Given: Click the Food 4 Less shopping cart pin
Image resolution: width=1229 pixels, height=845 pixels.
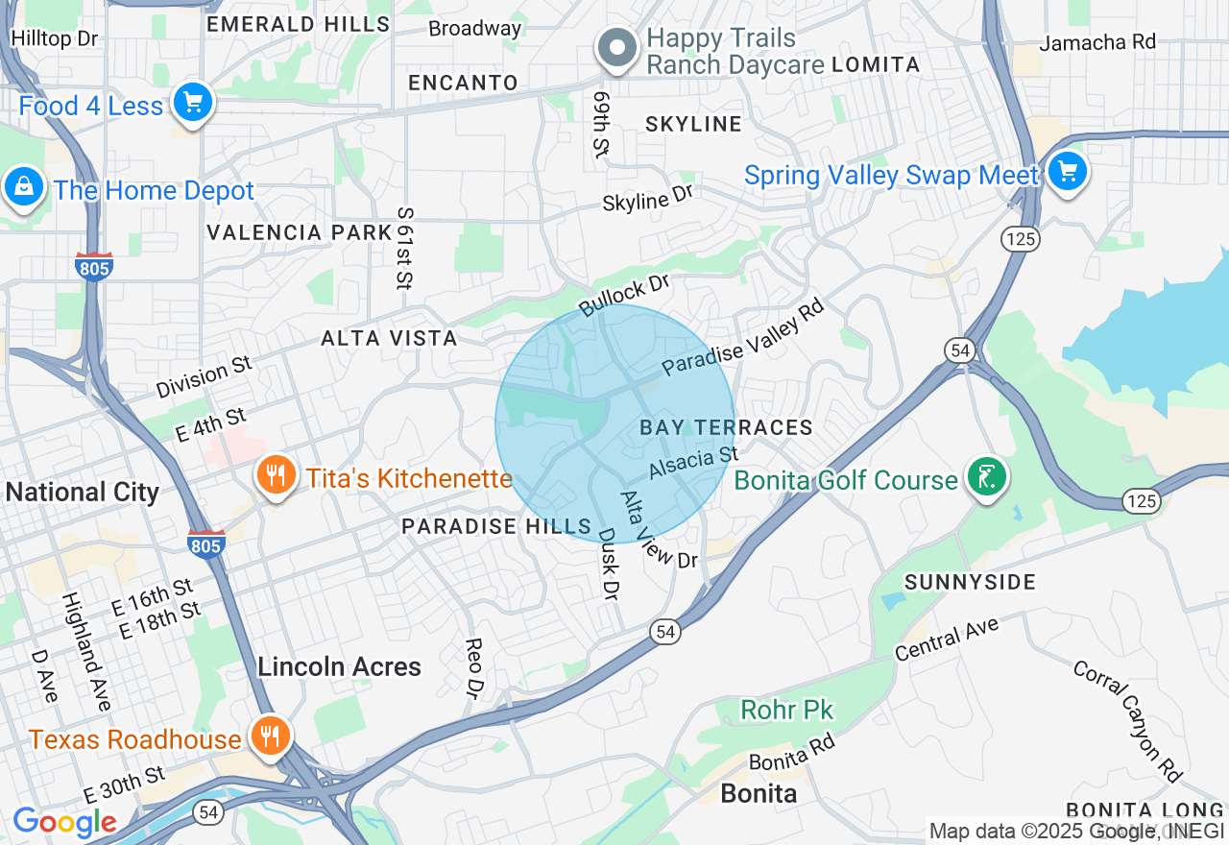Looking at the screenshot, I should pyautogui.click(x=193, y=101).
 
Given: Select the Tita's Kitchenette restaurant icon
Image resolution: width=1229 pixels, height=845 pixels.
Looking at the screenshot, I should pyautogui.click(x=276, y=474).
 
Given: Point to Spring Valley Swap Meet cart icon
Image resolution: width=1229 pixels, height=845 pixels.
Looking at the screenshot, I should pyautogui.click(x=1067, y=172).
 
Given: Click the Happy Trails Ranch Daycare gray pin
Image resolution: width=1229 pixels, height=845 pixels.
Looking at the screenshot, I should pyautogui.click(x=617, y=47).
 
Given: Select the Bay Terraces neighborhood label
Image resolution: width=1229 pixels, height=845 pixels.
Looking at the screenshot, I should pyautogui.click(x=726, y=427).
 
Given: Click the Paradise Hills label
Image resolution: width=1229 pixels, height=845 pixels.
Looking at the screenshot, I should pyautogui.click(x=496, y=526).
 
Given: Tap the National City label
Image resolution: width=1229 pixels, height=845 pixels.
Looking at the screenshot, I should pyautogui.click(x=83, y=493).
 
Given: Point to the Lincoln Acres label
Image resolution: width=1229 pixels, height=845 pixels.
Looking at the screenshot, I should pyautogui.click(x=339, y=666).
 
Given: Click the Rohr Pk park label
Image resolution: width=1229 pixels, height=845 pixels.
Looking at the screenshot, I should pyautogui.click(x=787, y=711).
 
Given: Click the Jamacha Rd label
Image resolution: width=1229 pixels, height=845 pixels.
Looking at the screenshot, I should pyautogui.click(x=1097, y=42).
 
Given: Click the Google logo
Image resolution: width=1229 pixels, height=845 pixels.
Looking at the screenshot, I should pyautogui.click(x=64, y=823).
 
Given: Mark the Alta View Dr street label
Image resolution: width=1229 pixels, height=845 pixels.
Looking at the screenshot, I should pyautogui.click(x=659, y=530).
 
